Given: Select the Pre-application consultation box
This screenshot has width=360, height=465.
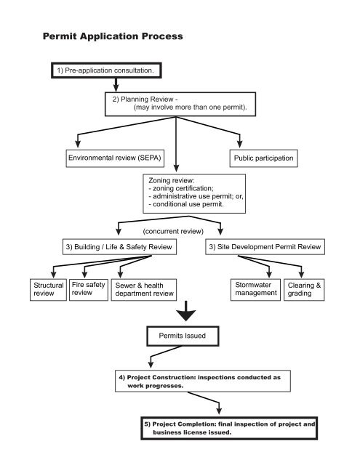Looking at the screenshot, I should (106, 70).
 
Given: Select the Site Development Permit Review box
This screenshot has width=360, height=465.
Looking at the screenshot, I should (264, 247).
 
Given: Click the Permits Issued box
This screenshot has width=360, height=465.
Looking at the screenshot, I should (180, 336).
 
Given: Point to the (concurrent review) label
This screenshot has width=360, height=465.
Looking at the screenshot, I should (179, 232).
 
